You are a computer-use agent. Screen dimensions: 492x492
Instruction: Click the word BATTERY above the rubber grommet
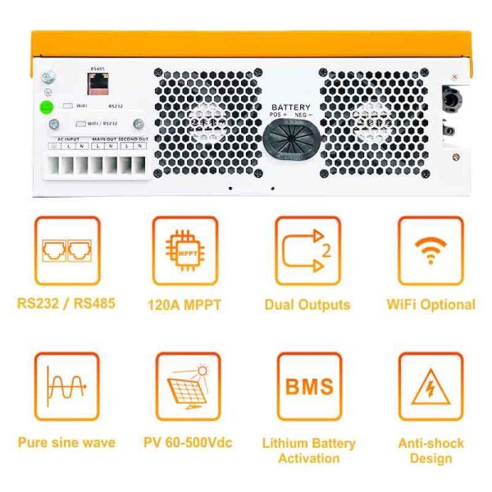point(292,107)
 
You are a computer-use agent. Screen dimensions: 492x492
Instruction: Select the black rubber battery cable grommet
point(292,142)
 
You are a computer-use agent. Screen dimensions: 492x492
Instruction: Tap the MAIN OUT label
point(104,139)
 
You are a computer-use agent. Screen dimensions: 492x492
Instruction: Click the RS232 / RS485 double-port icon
point(66,250)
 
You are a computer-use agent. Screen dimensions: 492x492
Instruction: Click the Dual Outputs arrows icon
point(307,250)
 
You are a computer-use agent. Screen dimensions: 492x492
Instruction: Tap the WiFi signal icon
point(431,250)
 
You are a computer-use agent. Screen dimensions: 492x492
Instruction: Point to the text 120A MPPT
point(185,305)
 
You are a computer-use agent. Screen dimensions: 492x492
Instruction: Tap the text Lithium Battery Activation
point(308,450)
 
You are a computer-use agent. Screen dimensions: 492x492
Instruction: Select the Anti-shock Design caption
point(431,450)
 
